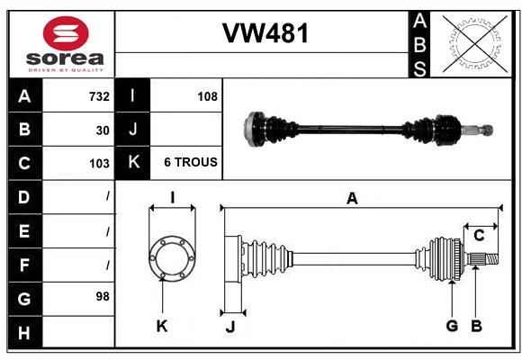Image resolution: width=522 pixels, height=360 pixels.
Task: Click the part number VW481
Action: (265, 34)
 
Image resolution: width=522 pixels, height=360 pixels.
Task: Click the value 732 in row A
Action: (98, 96)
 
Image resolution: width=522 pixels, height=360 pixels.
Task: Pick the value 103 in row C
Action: (98, 163)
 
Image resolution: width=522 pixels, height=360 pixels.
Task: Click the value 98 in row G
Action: (102, 295)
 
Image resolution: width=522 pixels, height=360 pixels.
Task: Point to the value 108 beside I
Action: (207, 96)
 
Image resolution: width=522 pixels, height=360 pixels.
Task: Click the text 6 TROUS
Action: (190, 163)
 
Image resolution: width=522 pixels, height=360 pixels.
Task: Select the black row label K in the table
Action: (133, 163)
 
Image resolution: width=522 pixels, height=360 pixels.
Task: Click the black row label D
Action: (24, 196)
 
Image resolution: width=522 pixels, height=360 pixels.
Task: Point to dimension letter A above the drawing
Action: (352, 198)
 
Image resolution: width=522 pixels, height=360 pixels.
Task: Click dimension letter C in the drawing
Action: (479, 236)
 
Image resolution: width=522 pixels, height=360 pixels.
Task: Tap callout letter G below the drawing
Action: (452, 326)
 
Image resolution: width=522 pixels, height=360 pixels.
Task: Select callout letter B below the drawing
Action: (477, 326)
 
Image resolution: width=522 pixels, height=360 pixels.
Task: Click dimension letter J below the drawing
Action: (229, 327)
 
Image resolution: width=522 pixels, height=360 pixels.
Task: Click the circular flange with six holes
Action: (171, 258)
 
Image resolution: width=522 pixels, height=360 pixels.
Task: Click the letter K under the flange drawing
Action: (162, 327)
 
